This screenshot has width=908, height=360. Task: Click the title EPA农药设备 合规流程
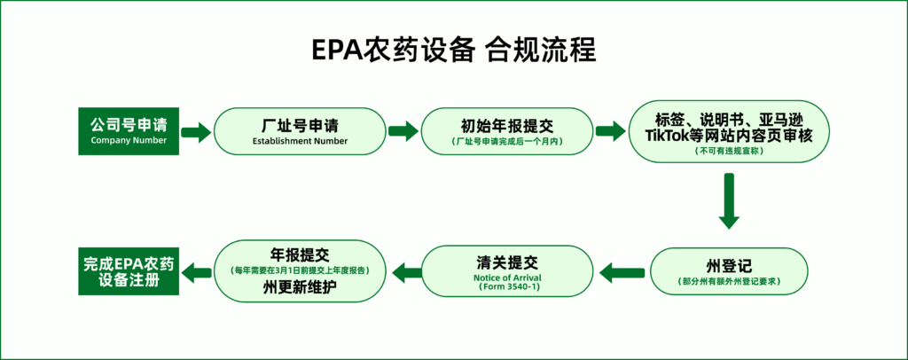click(x=454, y=51)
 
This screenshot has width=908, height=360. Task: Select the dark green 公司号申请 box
click(x=129, y=131)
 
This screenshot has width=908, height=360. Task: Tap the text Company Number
click(x=129, y=141)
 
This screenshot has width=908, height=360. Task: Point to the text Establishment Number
click(x=300, y=141)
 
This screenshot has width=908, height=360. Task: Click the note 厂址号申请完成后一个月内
click(x=507, y=141)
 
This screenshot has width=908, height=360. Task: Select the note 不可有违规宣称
click(x=729, y=151)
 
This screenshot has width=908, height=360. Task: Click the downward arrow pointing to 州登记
click(x=729, y=200)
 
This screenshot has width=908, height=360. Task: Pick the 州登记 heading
click(x=729, y=266)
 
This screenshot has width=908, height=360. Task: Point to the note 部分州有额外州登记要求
click(x=729, y=281)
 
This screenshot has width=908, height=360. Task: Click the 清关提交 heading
click(x=507, y=262)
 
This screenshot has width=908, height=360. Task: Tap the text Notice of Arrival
click(x=507, y=278)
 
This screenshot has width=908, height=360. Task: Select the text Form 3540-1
click(x=507, y=287)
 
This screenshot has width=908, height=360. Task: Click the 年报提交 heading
click(x=300, y=254)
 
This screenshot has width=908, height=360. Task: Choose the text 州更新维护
click(x=300, y=286)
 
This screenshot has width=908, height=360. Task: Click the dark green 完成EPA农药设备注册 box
click(x=129, y=270)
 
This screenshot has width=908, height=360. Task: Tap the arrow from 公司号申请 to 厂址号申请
click(x=196, y=131)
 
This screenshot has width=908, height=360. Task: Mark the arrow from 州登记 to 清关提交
click(x=622, y=271)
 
